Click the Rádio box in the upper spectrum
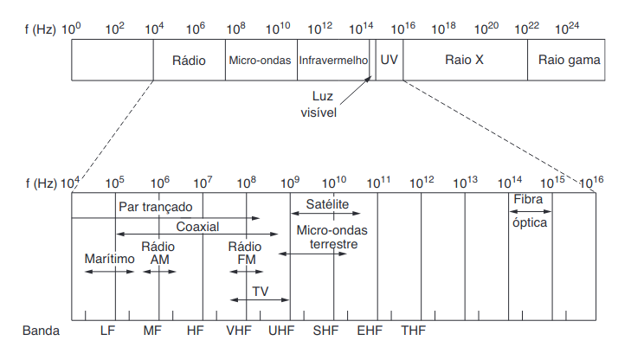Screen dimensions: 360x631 point(189,61)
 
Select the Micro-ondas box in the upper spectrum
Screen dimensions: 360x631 point(261,61)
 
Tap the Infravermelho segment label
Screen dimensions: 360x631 point(333,61)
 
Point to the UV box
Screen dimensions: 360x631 point(390,61)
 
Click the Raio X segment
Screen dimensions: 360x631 point(464,61)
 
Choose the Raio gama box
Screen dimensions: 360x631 point(569,61)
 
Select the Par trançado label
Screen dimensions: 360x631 point(156,208)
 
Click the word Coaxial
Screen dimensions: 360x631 point(198,226)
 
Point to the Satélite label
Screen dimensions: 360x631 point(327,205)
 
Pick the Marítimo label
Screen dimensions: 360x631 point(110,259)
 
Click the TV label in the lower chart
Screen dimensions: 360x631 point(261,290)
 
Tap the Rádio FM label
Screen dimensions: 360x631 point(246,252)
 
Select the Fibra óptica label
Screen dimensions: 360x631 point(530,210)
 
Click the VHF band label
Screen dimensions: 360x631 point(238,331)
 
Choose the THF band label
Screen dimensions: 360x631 point(413,331)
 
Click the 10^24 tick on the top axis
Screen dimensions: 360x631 point(568,29)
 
